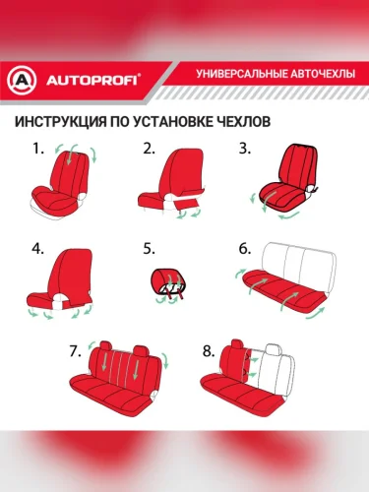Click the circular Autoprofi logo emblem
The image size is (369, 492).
click(x=22, y=81)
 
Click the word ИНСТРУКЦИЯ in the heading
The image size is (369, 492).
click(x=61, y=122)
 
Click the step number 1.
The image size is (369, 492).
click(x=37, y=150)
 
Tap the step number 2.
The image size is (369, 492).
click(x=149, y=150)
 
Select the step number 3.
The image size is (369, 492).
click(x=245, y=149)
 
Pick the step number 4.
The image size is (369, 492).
click(x=37, y=249)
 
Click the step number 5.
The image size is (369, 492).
click(x=149, y=249)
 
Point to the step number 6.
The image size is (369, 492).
click(x=245, y=249)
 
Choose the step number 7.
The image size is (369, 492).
click(x=75, y=351)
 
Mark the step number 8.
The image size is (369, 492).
click(x=209, y=351)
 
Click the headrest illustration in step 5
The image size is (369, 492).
click(x=167, y=282)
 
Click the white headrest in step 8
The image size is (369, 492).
click(x=274, y=349)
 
